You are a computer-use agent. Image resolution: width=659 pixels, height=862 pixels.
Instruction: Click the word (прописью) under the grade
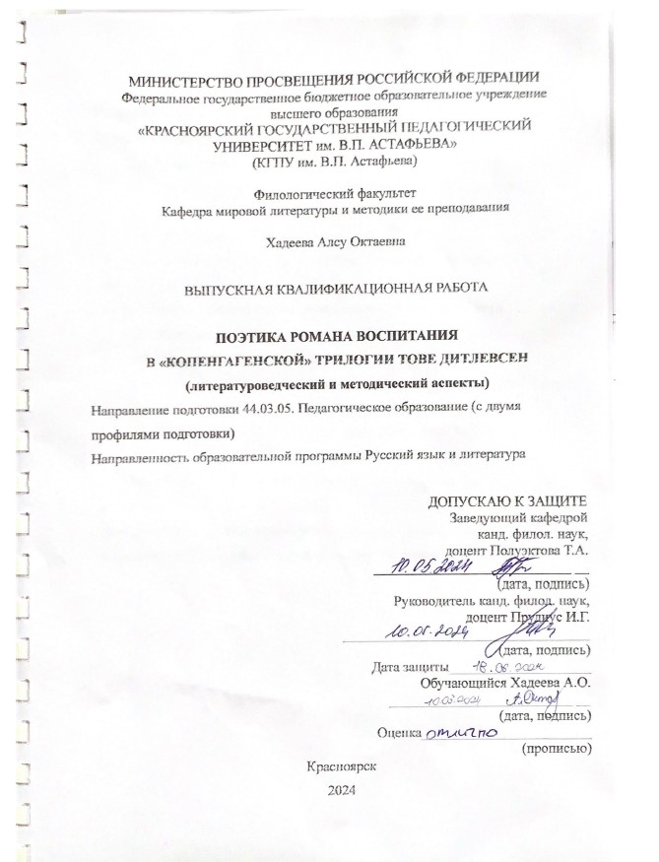coord(555,749)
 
